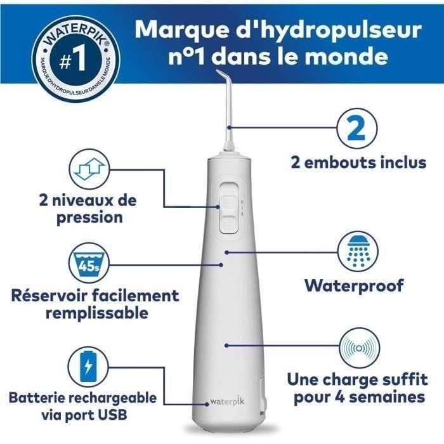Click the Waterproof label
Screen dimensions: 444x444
(x=354, y=285)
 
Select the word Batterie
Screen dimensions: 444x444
(x=37, y=398)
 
